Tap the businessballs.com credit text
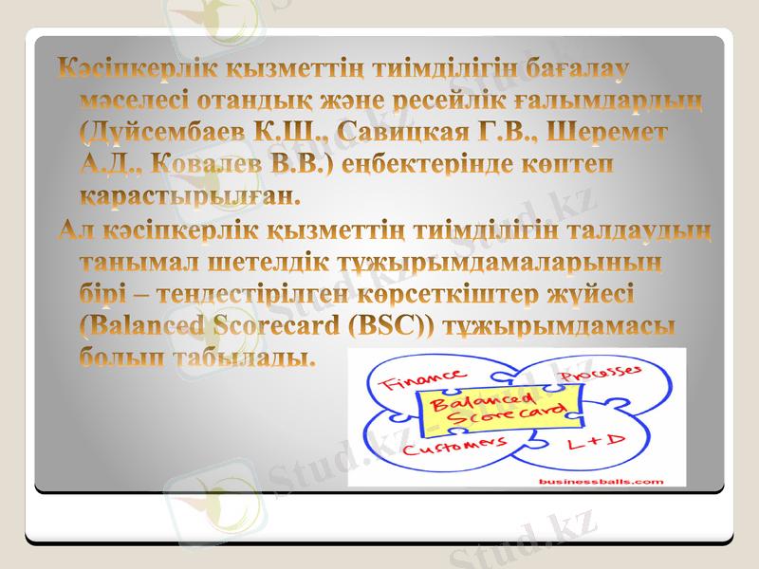click(x=601, y=481)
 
